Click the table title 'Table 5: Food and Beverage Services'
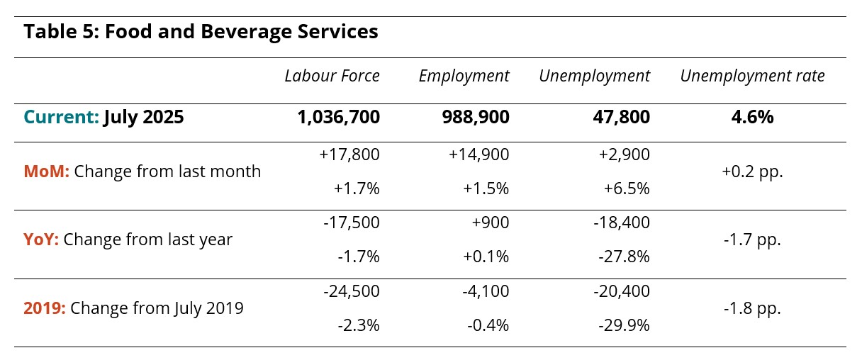[201, 32]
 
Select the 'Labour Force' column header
[332, 76]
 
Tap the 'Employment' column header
[464, 77]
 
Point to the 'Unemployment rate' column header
[752, 77]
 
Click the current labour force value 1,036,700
[339, 117]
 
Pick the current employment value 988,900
[476, 117]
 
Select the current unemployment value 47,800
[622, 117]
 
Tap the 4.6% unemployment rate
[752, 117]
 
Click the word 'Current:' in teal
[62, 117]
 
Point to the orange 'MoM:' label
[47, 171]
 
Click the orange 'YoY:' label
[41, 240]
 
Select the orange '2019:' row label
[45, 308]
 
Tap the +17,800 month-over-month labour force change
[349, 154]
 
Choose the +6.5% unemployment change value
[627, 189]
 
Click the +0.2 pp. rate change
[752, 171]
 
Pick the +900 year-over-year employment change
[491, 223]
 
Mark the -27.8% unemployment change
[625, 257]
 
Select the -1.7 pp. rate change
[752, 240]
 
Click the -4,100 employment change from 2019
[486, 291]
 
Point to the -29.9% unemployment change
[625, 325]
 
